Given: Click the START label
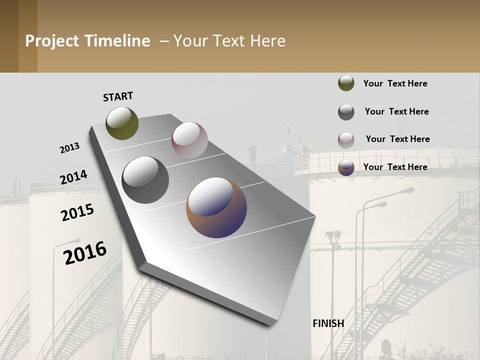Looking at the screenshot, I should [x=118, y=96].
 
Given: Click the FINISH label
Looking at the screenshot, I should [x=328, y=323].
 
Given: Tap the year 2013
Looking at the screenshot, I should [x=70, y=148].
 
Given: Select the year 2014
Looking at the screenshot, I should [x=73, y=177].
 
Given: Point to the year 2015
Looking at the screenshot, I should [x=77, y=212].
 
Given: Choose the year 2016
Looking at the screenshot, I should [x=85, y=252].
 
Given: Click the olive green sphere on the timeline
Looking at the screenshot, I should [x=122, y=123].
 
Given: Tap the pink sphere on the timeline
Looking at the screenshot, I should [x=189, y=140].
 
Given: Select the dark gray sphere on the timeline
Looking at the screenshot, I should [x=145, y=180].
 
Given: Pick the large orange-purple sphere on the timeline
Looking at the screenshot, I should [x=216, y=207].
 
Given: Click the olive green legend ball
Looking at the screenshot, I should [x=346, y=83].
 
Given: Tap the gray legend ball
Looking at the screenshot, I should [x=346, y=112].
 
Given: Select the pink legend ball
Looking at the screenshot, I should [x=346, y=140].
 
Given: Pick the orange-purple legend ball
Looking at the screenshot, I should [x=346, y=168].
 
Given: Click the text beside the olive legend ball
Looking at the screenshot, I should [x=395, y=83].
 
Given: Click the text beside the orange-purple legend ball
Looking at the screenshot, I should [x=395, y=167].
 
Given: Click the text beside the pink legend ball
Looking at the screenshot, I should [x=397, y=139].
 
